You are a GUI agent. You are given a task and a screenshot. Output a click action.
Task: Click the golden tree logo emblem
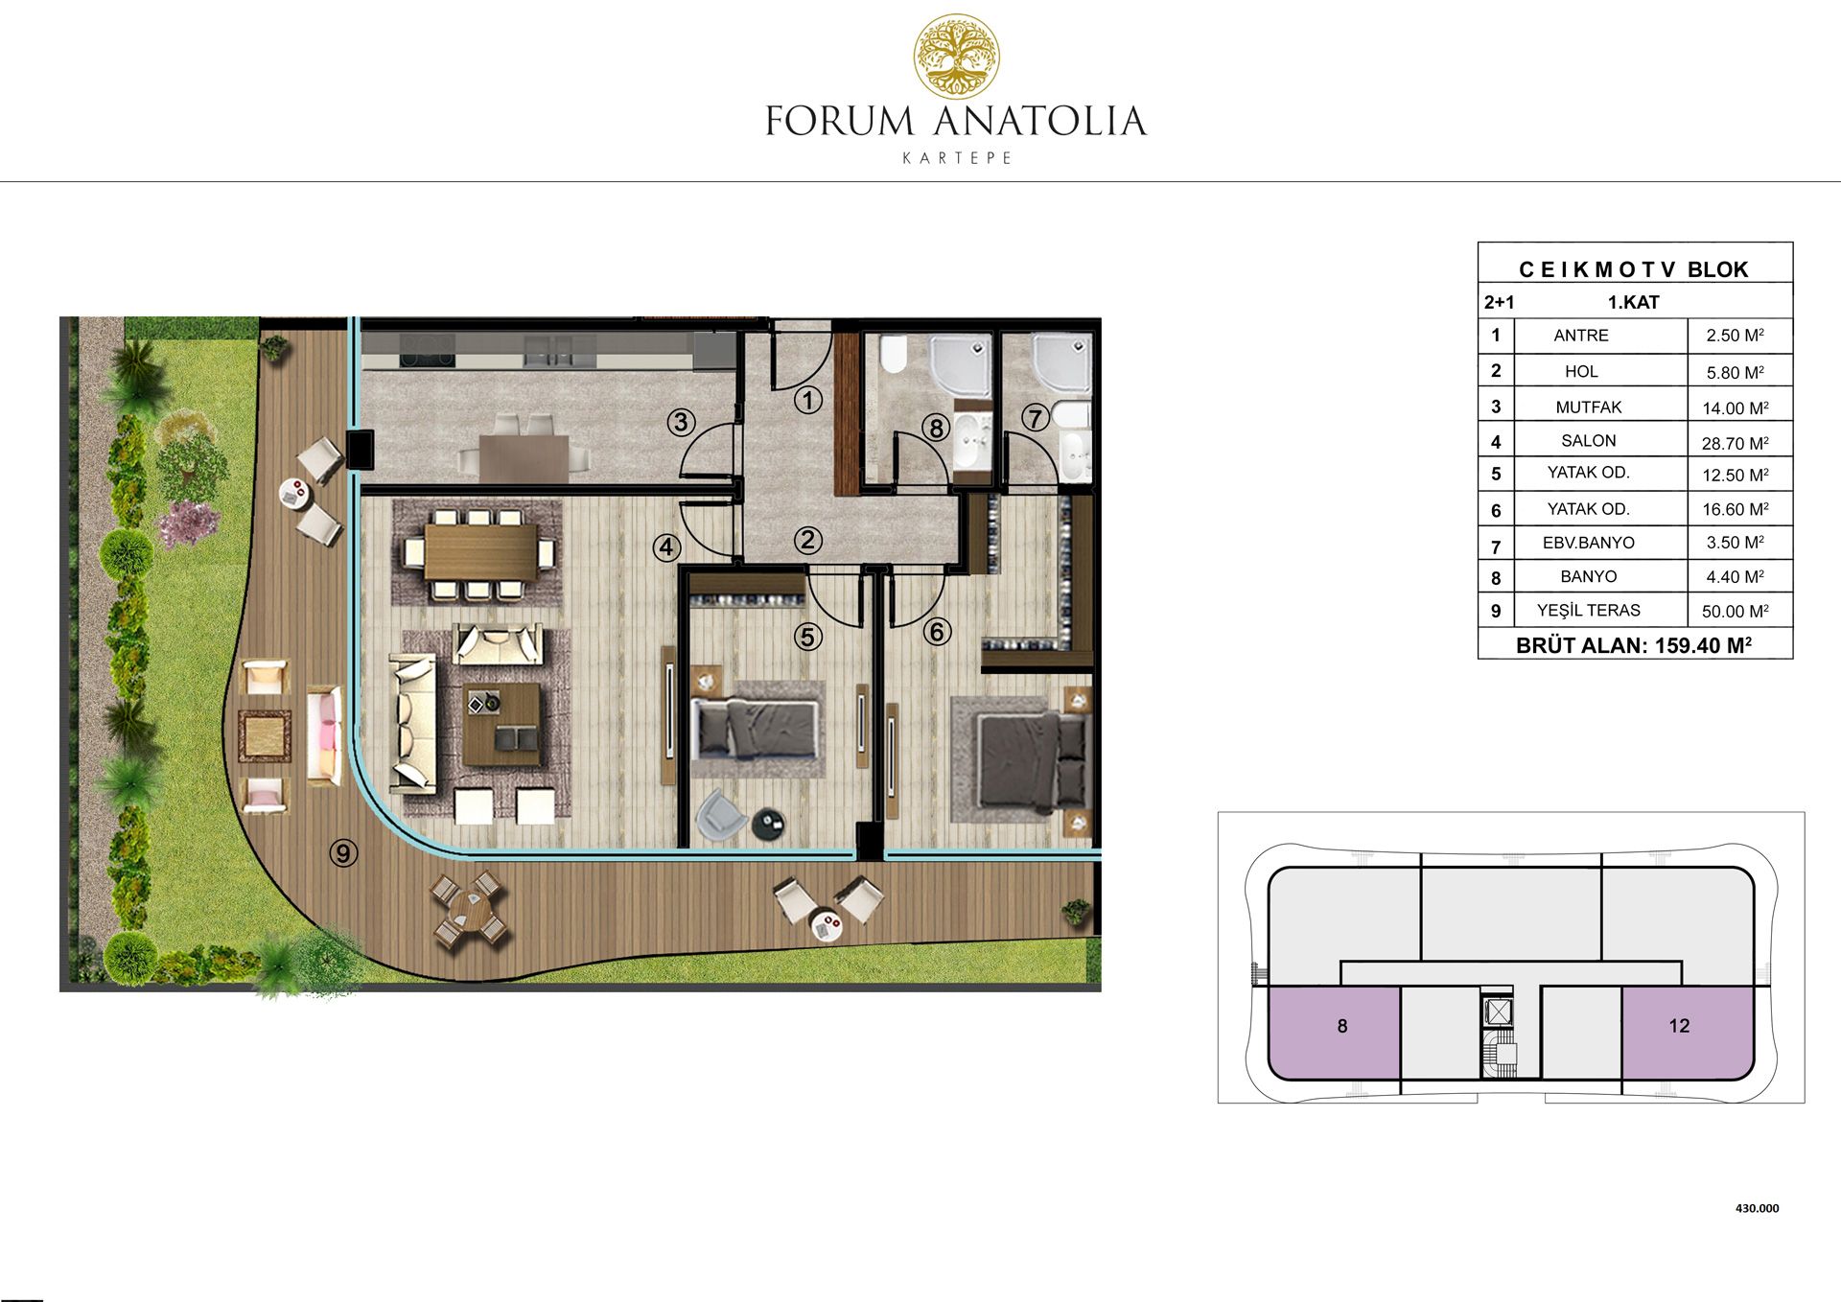[956, 57]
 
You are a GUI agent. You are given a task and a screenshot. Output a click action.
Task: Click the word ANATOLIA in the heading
[1039, 122]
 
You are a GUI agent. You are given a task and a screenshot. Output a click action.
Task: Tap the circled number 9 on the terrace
[343, 852]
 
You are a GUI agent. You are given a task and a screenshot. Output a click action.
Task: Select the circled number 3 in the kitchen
[681, 421]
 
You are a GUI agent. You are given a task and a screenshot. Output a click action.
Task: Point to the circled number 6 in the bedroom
[937, 631]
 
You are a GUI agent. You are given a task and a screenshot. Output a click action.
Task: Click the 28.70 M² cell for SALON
[1735, 443]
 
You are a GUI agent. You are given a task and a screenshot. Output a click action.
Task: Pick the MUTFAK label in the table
[1589, 407]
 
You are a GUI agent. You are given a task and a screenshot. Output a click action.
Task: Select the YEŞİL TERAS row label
[1588, 610]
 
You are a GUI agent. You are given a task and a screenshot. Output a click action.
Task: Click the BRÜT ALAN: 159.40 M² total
[1634, 645]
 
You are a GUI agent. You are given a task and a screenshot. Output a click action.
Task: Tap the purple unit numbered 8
[1334, 1033]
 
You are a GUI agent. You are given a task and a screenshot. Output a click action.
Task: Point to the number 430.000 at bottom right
[1757, 1208]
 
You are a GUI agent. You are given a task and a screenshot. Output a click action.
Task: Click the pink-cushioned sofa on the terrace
[323, 735]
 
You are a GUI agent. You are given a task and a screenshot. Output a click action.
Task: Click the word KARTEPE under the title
[957, 158]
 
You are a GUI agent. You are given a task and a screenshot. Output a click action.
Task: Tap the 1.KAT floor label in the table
[1633, 302]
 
